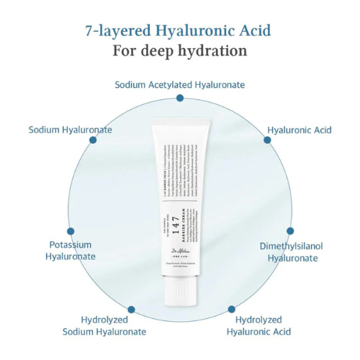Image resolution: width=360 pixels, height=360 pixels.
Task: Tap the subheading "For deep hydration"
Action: [x=180, y=51]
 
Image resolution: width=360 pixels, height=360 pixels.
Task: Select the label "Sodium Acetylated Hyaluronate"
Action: [x=180, y=84]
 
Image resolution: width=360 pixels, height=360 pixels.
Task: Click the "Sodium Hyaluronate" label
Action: [x=71, y=130]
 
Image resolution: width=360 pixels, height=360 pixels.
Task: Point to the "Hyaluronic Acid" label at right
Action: [x=300, y=130]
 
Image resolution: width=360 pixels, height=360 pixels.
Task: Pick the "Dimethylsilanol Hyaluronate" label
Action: [x=291, y=251]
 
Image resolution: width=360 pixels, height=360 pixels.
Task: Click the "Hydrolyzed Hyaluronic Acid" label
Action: [x=258, y=325]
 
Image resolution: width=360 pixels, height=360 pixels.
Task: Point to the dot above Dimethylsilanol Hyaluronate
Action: [x=291, y=232]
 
